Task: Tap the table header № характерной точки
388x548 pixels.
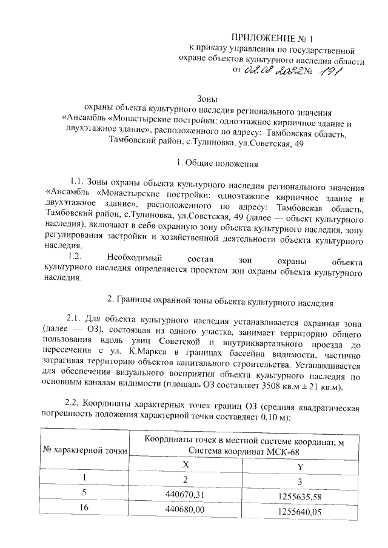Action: [84, 450]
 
